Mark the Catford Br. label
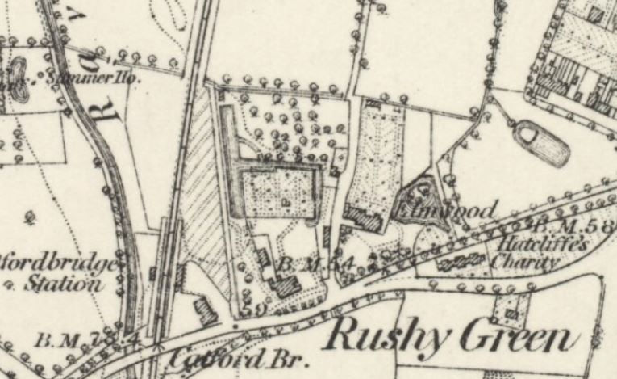point(208,357)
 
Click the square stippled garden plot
point(278,193)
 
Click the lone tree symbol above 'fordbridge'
point(30,217)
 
